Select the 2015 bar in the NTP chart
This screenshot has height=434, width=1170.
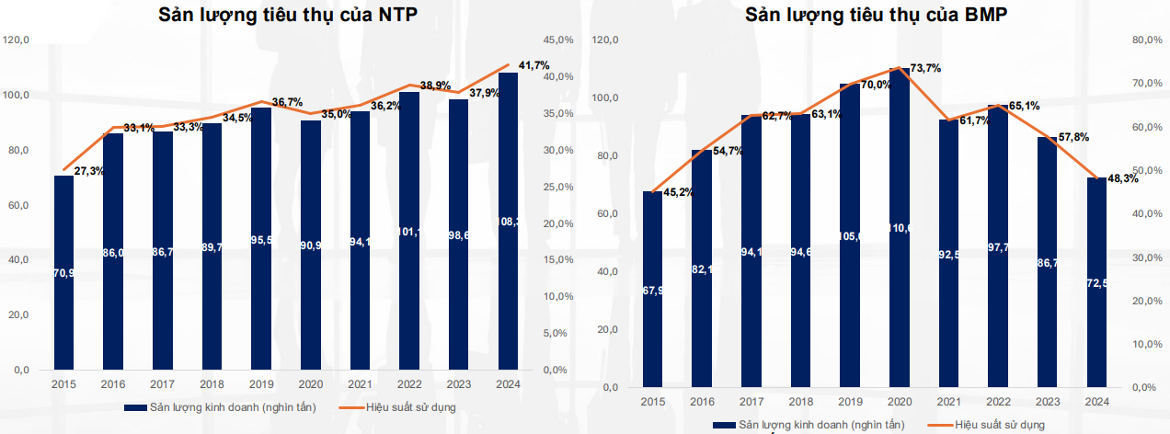(x=63, y=276)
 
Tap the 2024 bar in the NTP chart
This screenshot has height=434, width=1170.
(x=508, y=221)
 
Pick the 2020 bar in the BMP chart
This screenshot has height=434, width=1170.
(x=900, y=230)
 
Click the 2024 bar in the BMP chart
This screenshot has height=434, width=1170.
(x=1096, y=285)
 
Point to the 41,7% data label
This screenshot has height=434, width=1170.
(x=534, y=65)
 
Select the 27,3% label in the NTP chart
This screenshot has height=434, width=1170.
(x=89, y=172)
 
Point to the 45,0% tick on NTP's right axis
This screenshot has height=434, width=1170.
(x=558, y=40)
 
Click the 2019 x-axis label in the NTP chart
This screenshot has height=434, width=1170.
(x=261, y=385)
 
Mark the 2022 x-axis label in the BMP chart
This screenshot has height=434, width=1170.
(x=998, y=403)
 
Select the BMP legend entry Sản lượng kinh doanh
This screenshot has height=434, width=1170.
(x=809, y=423)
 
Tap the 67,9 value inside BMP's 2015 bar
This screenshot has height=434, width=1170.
(x=652, y=291)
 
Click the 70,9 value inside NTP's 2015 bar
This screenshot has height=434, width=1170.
(x=63, y=272)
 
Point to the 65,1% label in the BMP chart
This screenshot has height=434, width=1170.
(x=1024, y=106)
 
